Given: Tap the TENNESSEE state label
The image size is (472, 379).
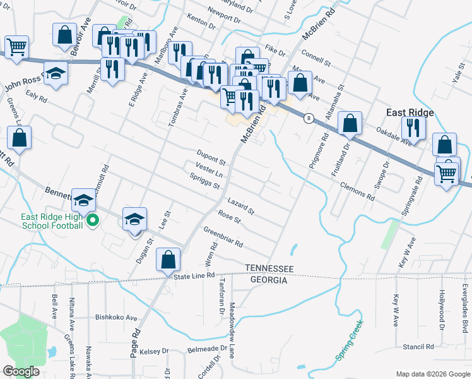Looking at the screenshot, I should coord(269,269).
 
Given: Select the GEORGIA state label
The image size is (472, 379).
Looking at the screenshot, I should coord(269,280).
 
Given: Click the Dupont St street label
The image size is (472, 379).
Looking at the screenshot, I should coord(211,155).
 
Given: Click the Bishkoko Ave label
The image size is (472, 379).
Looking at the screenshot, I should coord(116,318).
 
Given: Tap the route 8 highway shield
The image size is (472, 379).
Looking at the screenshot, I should coord(309,117).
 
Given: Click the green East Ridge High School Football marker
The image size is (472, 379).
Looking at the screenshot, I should coord(93,220).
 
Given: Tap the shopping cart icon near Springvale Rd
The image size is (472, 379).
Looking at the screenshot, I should coord(447,172).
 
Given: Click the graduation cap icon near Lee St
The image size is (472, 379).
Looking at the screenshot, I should coord(134,220).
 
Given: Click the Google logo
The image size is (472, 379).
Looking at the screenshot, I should coord(21,371).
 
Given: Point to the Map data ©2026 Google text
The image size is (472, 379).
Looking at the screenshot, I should coord(433,374).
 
